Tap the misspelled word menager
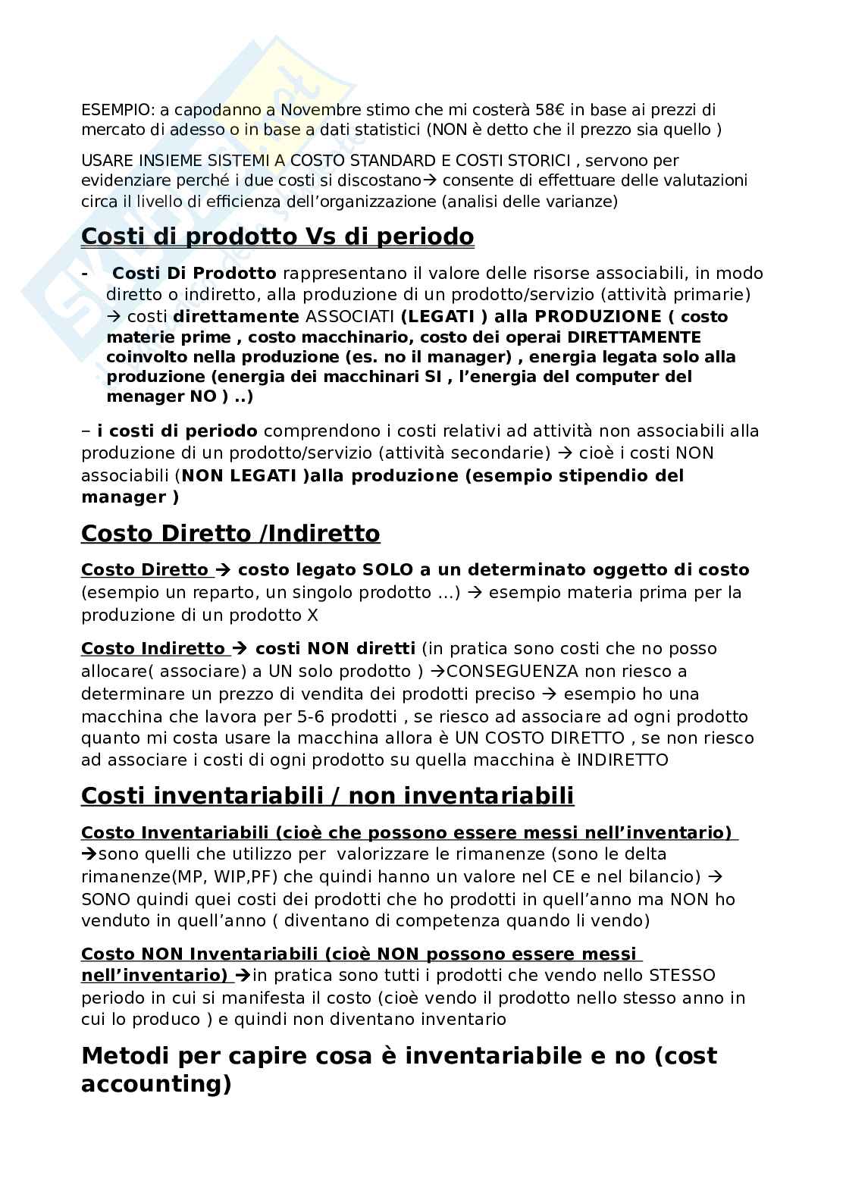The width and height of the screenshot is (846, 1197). (x=143, y=396)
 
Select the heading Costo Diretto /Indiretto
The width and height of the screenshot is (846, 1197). (x=230, y=534)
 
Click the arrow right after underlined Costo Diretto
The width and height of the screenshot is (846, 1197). (x=222, y=569)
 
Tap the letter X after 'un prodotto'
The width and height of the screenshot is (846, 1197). (x=313, y=615)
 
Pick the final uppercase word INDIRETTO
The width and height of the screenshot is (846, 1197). (x=622, y=760)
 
